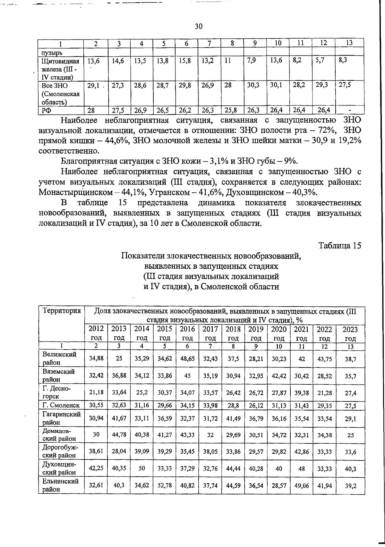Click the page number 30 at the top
(199, 27)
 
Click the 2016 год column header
(187, 333)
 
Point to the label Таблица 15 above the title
(339, 246)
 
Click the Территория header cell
(61, 311)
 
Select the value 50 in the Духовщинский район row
(142, 469)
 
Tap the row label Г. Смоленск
(61, 405)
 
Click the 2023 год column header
(350, 333)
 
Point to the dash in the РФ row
(350, 111)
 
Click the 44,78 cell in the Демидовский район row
(119, 435)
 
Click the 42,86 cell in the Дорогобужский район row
(302, 452)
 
